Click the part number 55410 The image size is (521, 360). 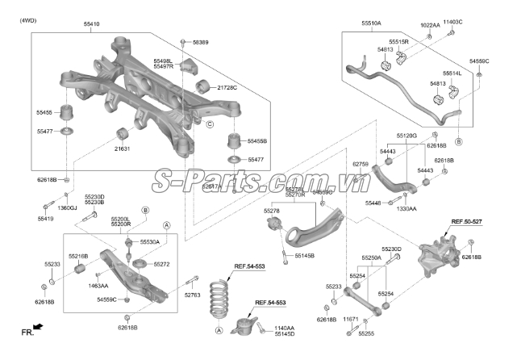(x=91, y=25)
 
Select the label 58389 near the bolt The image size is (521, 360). (x=200, y=41)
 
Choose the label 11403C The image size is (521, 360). (x=453, y=24)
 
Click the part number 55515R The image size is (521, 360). (x=398, y=41)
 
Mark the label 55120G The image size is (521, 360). (x=406, y=136)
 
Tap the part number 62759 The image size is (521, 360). (x=361, y=165)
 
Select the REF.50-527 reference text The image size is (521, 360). (x=467, y=221)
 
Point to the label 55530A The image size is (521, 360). (x=149, y=241)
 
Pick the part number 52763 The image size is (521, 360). (x=193, y=295)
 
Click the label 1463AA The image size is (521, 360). (x=98, y=285)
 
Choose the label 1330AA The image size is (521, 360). (x=406, y=208)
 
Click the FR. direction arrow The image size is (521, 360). (x=31, y=329)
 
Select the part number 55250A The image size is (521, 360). (x=371, y=258)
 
